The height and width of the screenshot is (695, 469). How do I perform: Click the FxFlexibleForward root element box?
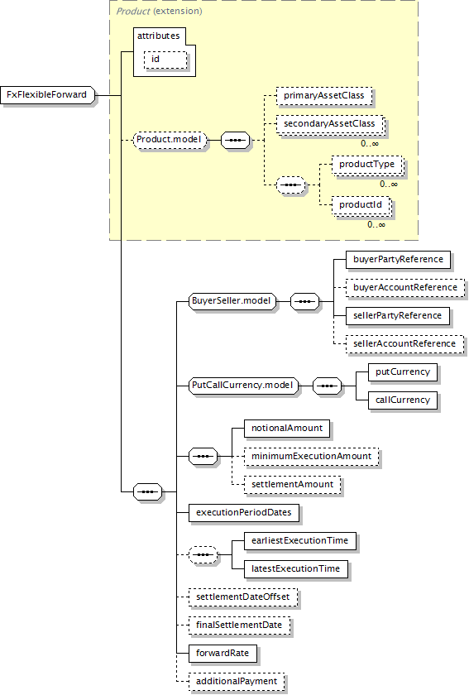pos(48,95)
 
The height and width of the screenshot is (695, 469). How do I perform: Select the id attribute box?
pos(165,60)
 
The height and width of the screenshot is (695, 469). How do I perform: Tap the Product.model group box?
pos(170,140)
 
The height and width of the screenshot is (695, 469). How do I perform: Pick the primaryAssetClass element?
pos(324,96)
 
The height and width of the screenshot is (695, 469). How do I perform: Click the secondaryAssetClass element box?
pos(330,125)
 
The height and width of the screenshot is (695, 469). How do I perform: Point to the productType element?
pos(367,165)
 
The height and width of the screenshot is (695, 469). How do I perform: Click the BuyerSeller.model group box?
pos(232,301)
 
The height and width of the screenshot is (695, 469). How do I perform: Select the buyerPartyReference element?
pos(398,260)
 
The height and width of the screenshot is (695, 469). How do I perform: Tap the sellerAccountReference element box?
pos(404,344)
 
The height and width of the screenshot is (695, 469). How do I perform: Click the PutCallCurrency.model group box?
pos(243,386)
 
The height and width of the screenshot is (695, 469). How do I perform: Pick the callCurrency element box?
pos(403,400)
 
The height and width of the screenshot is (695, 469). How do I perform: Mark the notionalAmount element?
pos(287,429)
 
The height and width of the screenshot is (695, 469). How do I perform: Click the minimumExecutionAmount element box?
pos(312,457)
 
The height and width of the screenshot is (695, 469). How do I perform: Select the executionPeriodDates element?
pos(244,513)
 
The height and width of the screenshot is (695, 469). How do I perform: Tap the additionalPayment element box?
pos(237,682)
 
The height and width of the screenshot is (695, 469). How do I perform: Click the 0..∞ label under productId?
pos(376,225)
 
